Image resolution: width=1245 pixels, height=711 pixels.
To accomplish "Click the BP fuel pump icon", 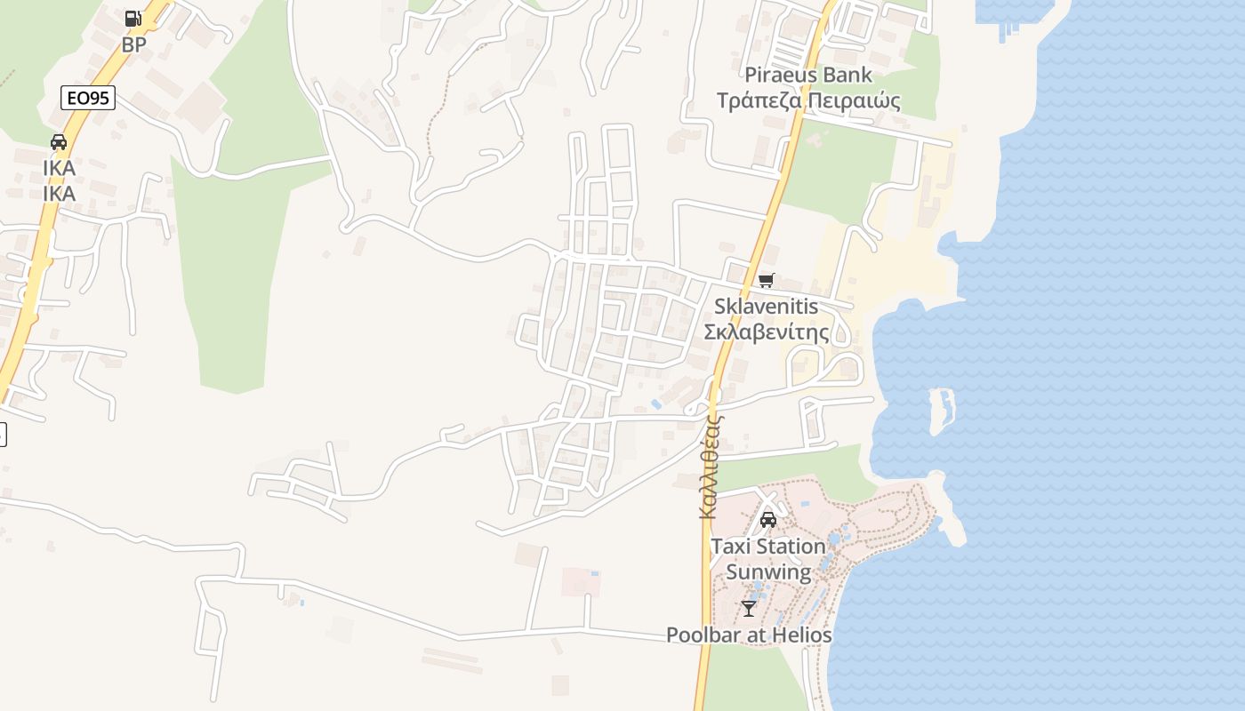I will (133, 18).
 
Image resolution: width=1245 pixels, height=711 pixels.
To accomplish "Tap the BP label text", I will (133, 44).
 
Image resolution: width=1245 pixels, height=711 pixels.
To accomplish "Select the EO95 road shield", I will (88, 98).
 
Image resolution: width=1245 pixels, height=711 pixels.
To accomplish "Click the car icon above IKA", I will (59, 142).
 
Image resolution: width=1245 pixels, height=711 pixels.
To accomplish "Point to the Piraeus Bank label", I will (808, 75).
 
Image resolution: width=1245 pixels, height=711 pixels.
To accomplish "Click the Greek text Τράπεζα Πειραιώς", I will (808, 100).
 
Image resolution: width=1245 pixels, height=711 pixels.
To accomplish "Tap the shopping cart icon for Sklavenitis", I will (767, 281).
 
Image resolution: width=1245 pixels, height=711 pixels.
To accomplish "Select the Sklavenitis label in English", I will (766, 307).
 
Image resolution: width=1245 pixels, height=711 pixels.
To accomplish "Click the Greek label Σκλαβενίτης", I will (766, 332).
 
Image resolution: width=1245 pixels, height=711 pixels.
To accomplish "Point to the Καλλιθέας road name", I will (709, 467).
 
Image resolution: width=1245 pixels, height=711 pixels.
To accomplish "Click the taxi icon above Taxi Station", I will (767, 520).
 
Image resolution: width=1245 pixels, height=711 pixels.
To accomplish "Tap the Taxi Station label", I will (767, 546).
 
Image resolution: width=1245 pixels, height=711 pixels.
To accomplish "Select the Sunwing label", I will (768, 571).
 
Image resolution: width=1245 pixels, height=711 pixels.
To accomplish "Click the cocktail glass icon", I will (749, 609).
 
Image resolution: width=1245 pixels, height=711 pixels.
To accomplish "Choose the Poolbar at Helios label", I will (749, 635).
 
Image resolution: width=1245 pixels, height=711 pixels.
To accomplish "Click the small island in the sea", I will (941, 409).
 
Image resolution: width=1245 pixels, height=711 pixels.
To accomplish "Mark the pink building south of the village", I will (580, 583).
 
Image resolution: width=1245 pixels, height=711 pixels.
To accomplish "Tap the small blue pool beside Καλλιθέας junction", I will (655, 403).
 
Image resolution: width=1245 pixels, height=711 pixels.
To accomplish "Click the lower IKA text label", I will (59, 193).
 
